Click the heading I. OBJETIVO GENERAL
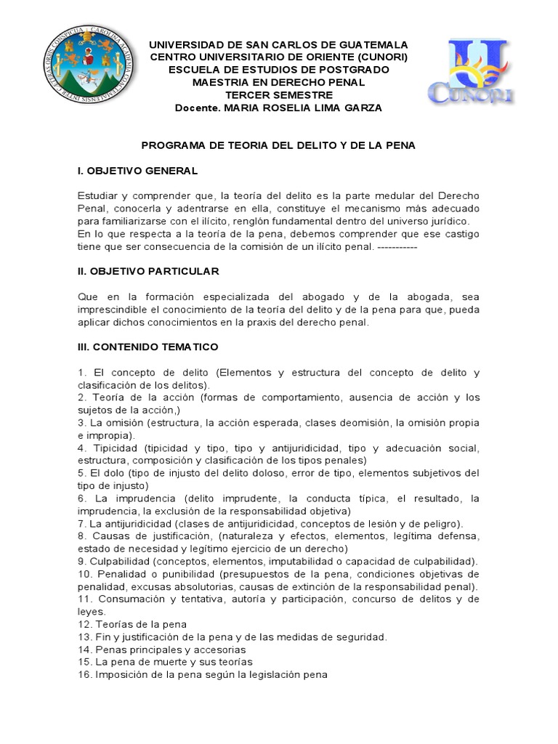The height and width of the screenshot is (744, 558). (137, 171)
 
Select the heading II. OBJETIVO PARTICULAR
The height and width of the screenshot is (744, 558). (147, 271)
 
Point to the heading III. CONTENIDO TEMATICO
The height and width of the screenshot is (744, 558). (147, 347)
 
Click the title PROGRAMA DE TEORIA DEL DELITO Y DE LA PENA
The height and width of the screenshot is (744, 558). (278, 145)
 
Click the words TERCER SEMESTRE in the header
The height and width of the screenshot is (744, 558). (278, 94)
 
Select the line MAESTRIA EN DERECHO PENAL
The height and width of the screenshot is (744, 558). (278, 82)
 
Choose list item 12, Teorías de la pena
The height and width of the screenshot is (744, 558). (132, 624)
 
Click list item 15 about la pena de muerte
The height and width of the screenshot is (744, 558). (164, 662)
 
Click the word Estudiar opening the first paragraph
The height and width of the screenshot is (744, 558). (98, 196)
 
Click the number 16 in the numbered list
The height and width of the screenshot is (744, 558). (84, 674)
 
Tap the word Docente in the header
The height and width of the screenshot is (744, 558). (198, 108)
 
